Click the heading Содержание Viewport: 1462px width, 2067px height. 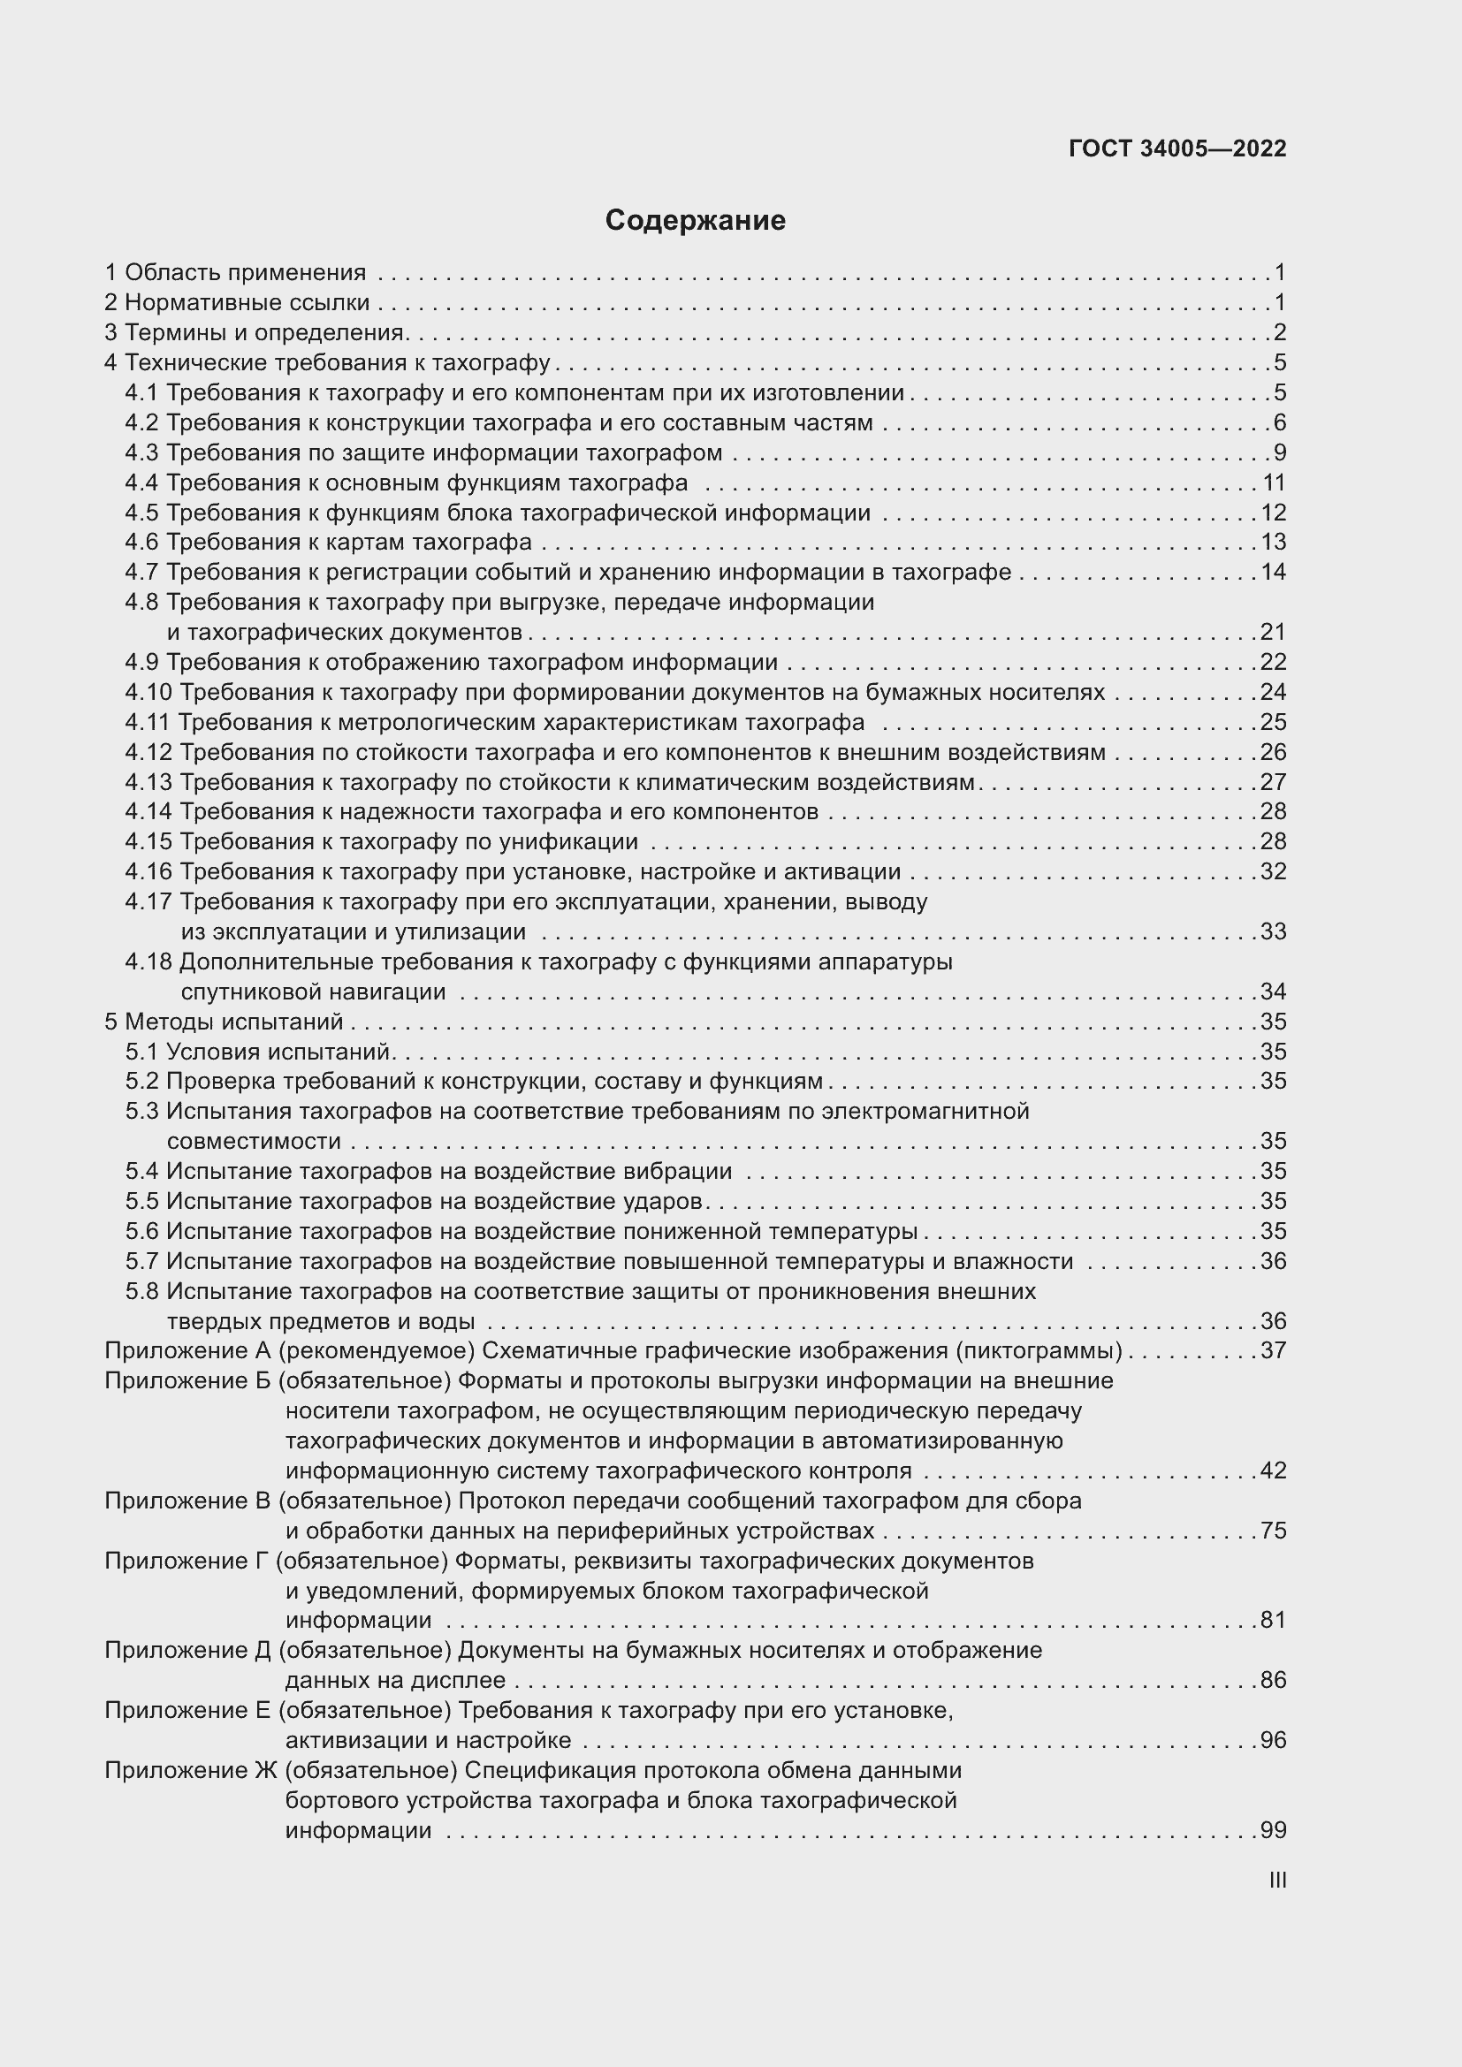(695, 221)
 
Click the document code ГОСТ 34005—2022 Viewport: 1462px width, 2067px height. (1177, 149)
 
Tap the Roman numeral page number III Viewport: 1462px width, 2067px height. (1276, 1881)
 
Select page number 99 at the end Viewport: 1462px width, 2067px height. (1273, 1830)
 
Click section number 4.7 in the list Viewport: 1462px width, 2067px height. (142, 573)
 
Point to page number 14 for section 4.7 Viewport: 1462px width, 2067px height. (1273, 573)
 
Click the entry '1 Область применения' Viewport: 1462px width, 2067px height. (236, 273)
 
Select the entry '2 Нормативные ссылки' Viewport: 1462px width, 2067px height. (237, 302)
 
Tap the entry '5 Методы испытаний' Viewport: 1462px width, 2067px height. (225, 1022)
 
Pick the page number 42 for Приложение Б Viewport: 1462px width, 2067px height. (1273, 1470)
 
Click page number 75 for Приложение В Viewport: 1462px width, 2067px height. (1273, 1531)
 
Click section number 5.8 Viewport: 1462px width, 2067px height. (142, 1291)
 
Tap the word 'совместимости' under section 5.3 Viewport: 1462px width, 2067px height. (254, 1142)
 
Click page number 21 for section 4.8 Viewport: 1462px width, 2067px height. (1273, 632)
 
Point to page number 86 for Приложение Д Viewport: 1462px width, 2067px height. (1273, 1680)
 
